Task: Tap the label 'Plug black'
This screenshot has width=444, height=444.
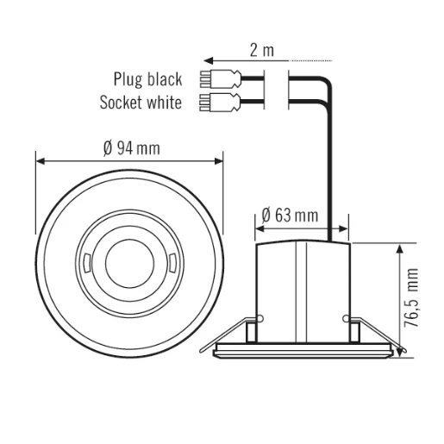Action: click(x=147, y=79)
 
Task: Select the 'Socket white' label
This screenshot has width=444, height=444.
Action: click(x=140, y=103)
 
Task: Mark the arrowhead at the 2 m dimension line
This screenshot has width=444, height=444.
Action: click(x=207, y=61)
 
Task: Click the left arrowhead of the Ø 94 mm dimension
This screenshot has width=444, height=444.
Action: click(x=40, y=160)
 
